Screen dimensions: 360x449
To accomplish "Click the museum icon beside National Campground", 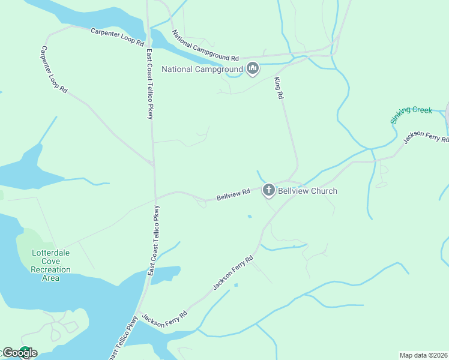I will pos(252,70).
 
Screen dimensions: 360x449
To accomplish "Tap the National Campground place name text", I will pos(202,70).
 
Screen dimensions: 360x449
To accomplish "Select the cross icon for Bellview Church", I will pos(269,190).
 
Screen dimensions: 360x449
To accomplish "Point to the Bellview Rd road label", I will pos(234,195).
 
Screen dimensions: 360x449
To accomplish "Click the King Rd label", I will pos(279,88).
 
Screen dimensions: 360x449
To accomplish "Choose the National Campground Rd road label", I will pos(206,46).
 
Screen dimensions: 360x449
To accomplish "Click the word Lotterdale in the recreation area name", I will pos(50,253).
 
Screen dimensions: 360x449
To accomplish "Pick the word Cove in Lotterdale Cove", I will pos(50,262).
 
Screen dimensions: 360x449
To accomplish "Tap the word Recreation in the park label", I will pos(50,270).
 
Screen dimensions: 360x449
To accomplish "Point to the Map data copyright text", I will pos(424,355).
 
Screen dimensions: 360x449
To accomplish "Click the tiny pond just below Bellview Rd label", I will pos(250,216).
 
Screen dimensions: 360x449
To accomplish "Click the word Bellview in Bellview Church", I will pos(292,191).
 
